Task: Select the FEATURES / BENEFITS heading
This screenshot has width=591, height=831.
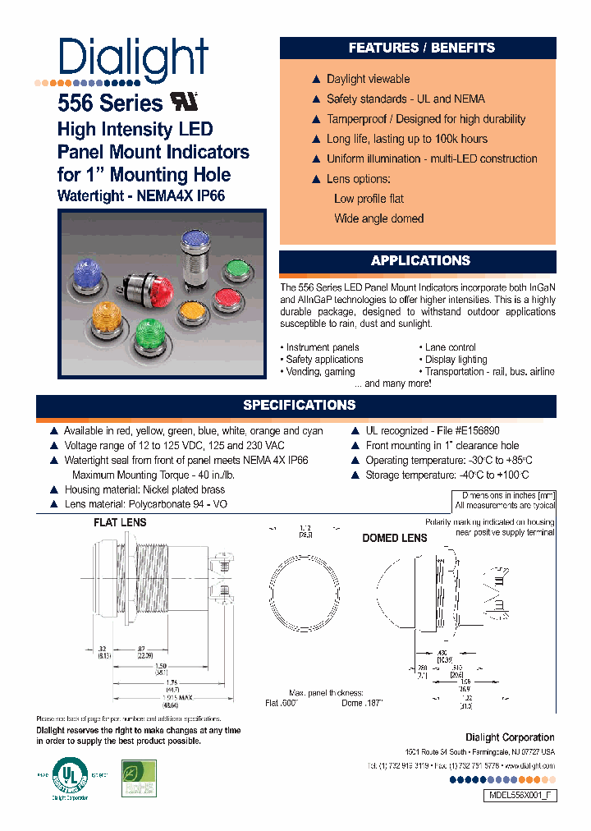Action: [421, 48]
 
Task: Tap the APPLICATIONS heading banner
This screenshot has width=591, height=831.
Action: [420, 261]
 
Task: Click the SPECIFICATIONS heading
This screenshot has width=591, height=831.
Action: [299, 405]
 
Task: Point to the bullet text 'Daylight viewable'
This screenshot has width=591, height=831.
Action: [368, 79]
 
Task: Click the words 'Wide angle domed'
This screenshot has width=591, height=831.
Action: [378, 218]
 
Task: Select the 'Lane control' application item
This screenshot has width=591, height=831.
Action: [450, 347]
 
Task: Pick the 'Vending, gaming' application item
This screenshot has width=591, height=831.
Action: [320, 371]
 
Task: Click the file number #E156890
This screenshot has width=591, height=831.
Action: [469, 430]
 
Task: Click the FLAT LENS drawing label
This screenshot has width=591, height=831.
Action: [120, 522]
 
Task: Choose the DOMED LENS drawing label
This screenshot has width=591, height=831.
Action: [394, 538]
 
